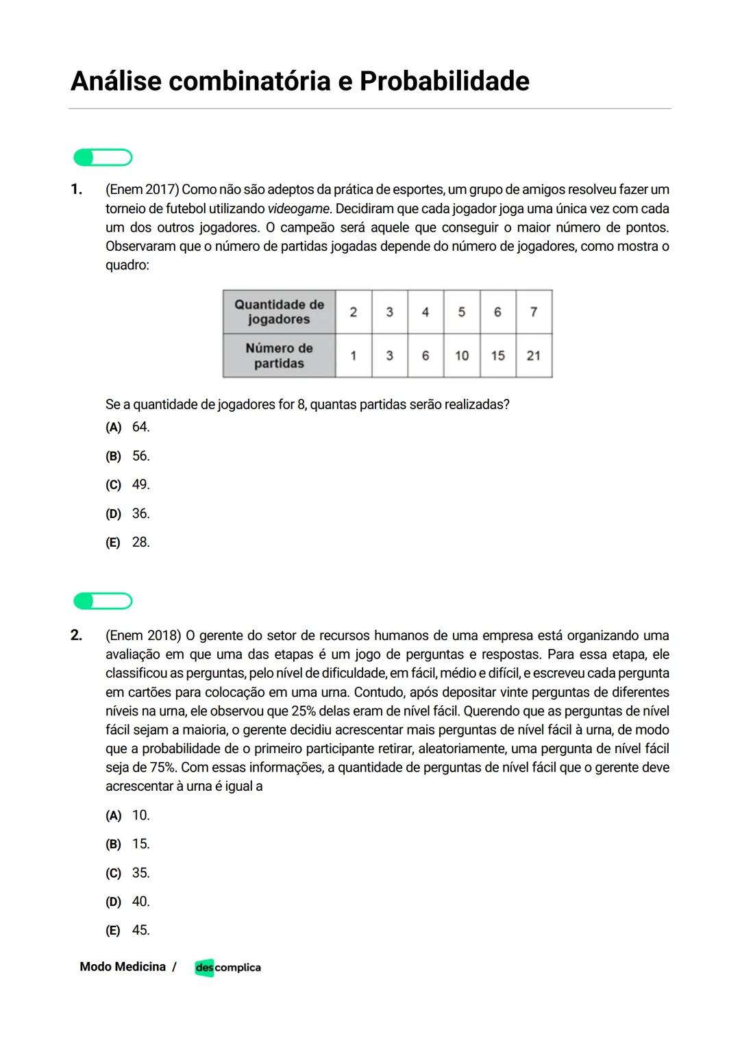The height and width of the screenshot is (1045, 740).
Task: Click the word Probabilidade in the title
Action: [444, 81]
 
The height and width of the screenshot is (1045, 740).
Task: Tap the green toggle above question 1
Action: [103, 158]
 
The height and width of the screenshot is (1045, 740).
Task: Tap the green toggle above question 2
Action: [103, 601]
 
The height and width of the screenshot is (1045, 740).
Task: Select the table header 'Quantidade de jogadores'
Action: [279, 312]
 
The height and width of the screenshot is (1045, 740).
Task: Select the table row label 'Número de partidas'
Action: [279, 356]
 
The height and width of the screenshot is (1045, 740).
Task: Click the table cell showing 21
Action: [533, 356]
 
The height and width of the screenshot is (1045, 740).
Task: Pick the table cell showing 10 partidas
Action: [462, 356]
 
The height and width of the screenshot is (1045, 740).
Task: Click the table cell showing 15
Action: [497, 356]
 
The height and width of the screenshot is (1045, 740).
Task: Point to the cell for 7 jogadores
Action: [533, 312]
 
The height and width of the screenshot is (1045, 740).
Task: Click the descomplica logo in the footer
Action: [227, 967]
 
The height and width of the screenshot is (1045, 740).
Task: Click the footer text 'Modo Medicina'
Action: [123, 967]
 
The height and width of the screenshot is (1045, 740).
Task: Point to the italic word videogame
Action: [298, 208]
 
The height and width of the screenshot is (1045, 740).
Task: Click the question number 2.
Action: [76, 635]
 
